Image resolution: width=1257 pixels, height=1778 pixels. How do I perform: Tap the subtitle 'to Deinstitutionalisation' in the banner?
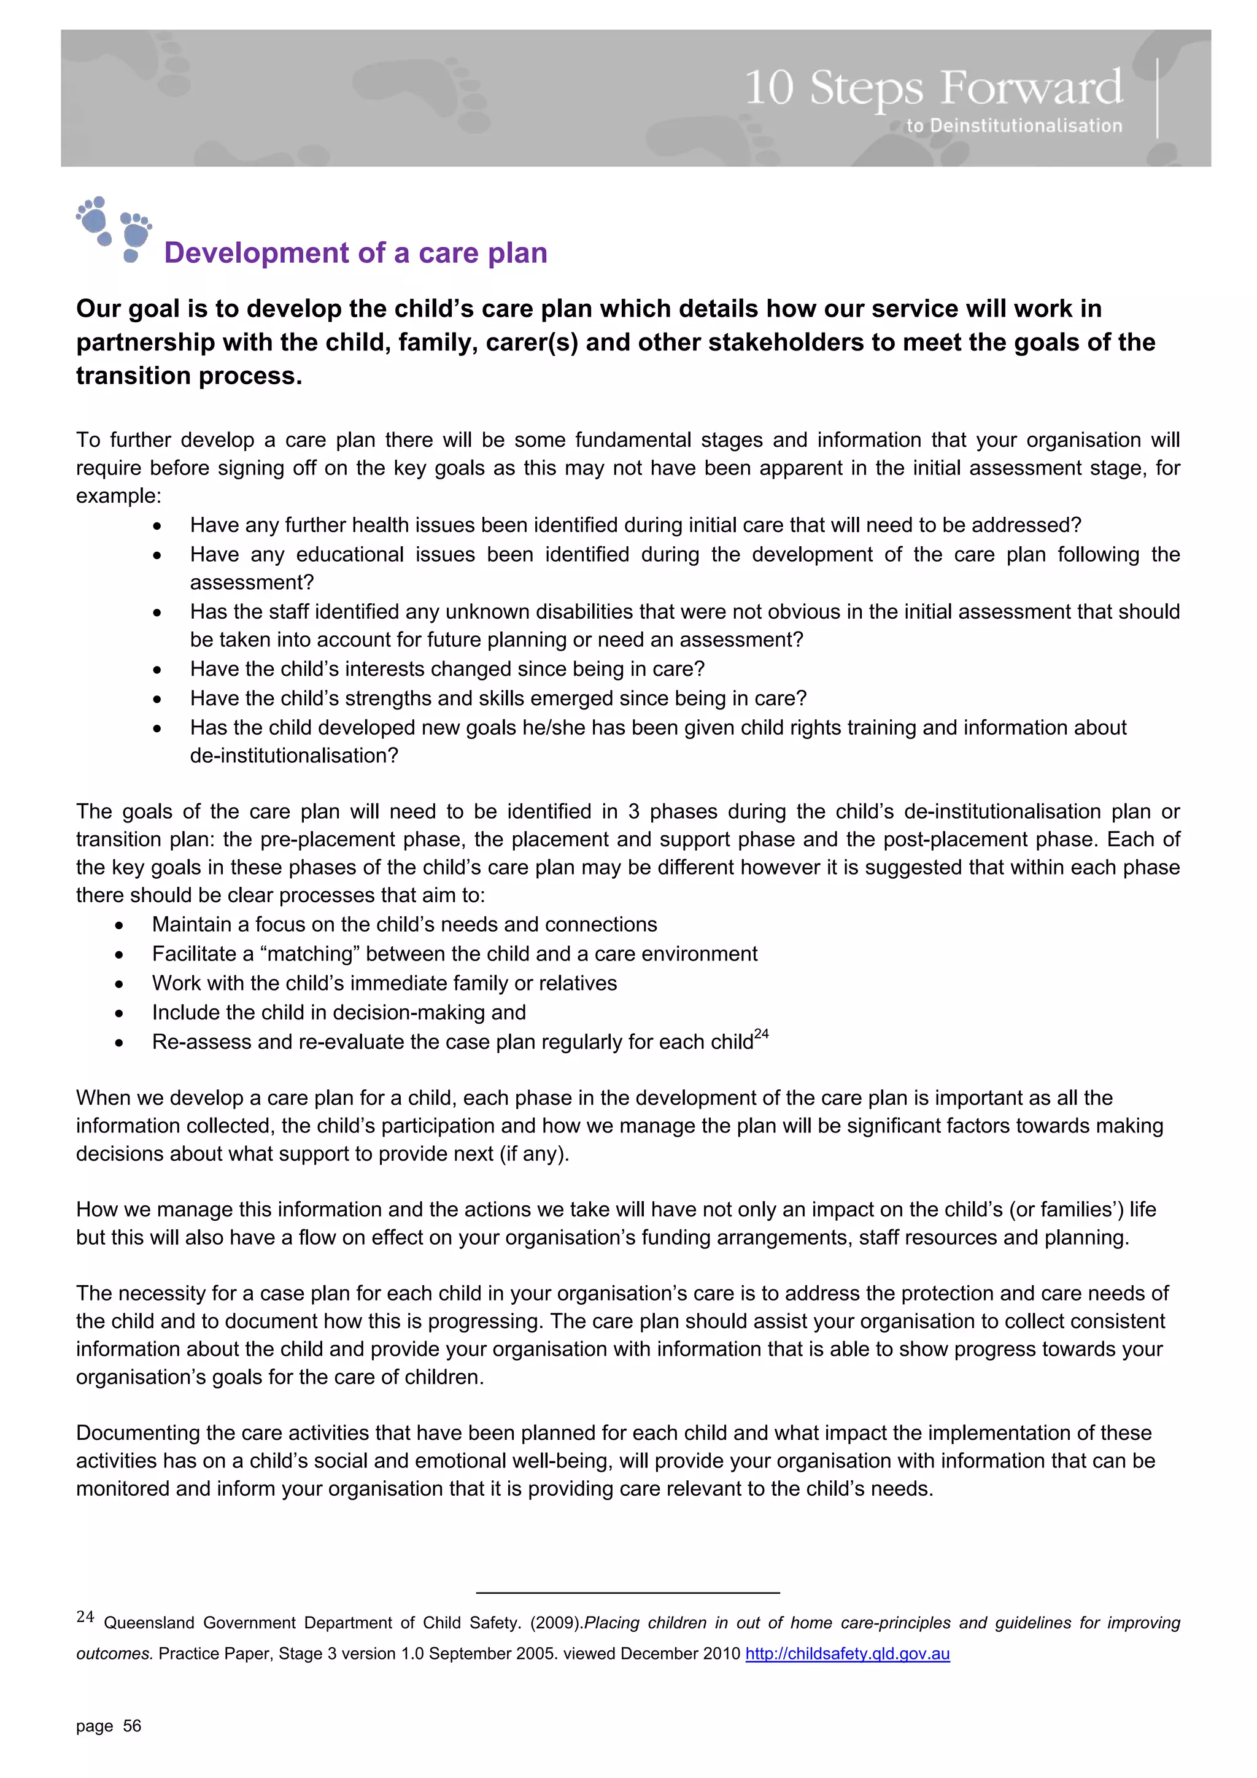tap(1014, 125)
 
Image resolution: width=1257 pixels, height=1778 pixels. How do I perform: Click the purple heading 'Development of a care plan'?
tap(355, 253)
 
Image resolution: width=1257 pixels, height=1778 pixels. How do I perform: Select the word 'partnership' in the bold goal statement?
tap(145, 342)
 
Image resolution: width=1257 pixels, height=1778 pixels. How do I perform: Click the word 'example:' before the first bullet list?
tap(118, 496)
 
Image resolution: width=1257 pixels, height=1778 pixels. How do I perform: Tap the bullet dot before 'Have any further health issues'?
tap(157, 527)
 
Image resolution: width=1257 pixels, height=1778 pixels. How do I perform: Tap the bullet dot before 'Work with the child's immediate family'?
tap(119, 985)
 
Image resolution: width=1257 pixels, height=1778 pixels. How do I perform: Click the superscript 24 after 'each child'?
tap(761, 1035)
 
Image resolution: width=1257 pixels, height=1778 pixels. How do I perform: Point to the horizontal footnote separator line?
tap(627, 1592)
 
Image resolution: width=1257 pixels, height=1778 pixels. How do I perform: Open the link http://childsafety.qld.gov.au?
tap(847, 1654)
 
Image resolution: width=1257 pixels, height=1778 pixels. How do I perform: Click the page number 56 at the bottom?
tap(132, 1726)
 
